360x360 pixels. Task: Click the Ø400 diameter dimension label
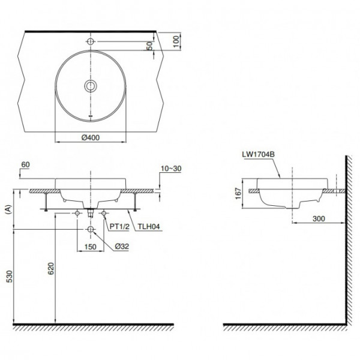pyautogui.click(x=90, y=137)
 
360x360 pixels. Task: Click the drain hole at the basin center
pyautogui.click(x=90, y=86)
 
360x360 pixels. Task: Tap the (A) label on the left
pyautogui.click(x=8, y=209)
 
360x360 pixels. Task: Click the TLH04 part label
pyautogui.click(x=148, y=227)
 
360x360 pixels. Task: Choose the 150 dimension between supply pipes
pyautogui.click(x=90, y=245)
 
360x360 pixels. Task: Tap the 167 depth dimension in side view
pyautogui.click(x=238, y=193)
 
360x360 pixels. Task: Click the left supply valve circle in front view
pyautogui.click(x=76, y=213)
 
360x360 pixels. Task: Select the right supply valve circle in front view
pyautogui.click(x=104, y=213)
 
